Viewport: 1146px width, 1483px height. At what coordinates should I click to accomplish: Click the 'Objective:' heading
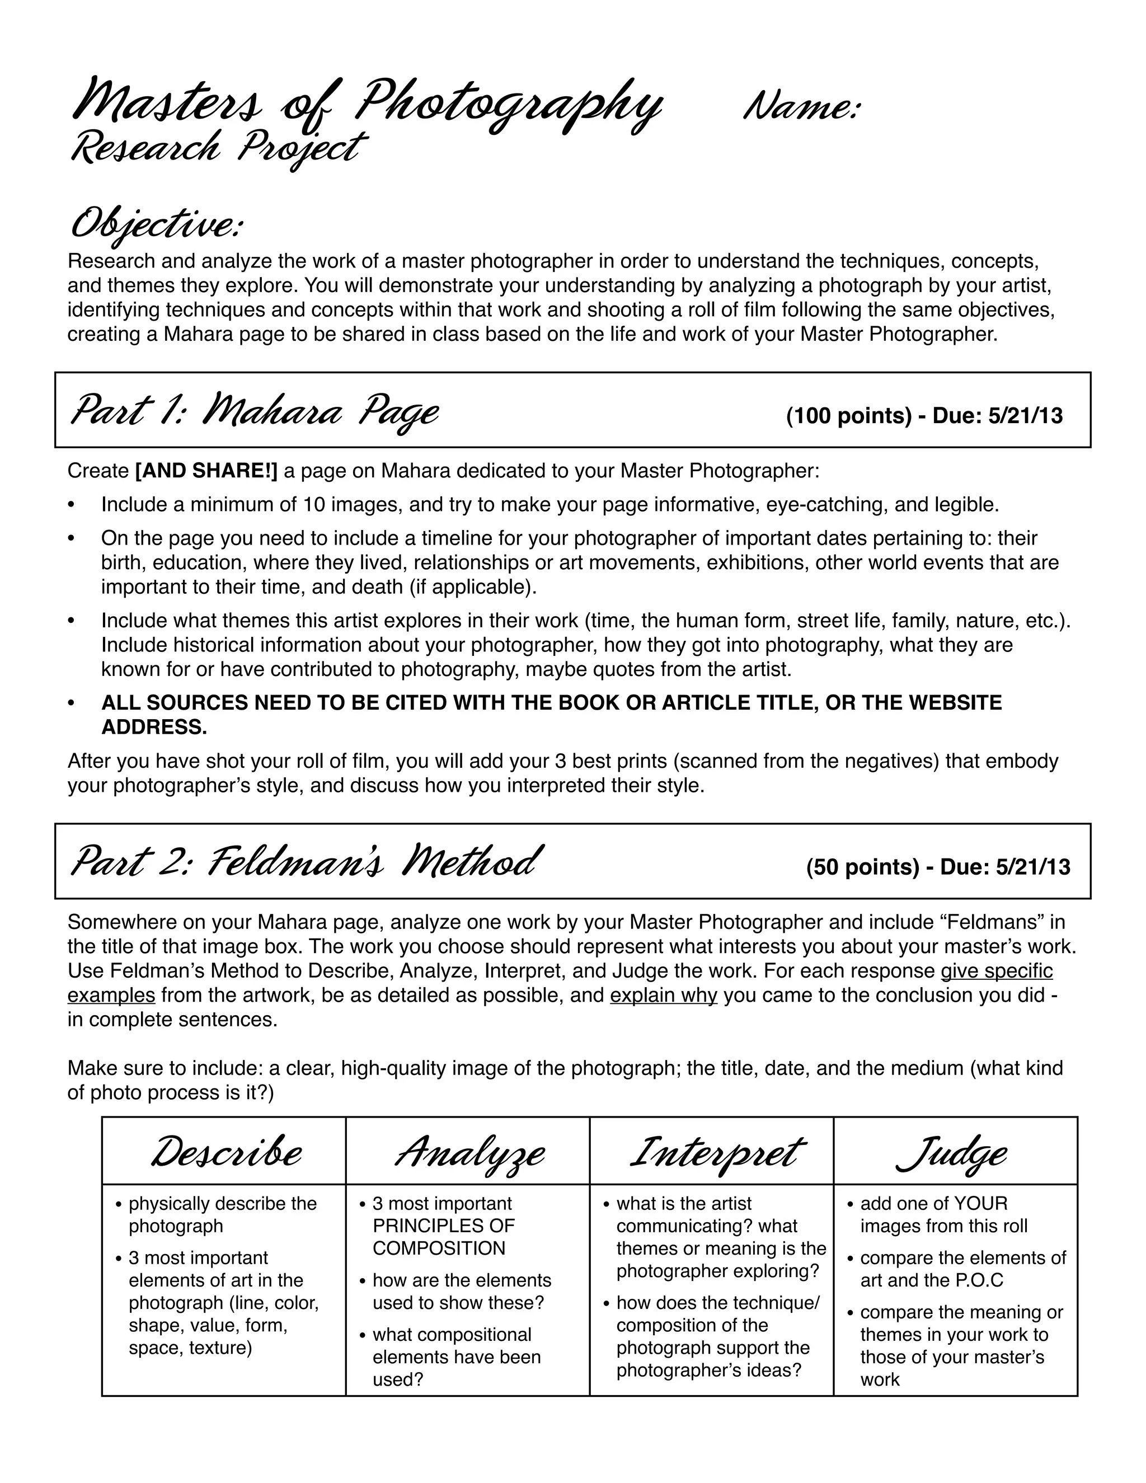(x=156, y=226)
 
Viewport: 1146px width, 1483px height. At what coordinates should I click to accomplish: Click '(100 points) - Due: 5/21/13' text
(x=924, y=416)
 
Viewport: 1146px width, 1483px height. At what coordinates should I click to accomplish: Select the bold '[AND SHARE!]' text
(x=206, y=471)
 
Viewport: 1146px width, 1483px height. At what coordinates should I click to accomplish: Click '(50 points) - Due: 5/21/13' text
(x=938, y=867)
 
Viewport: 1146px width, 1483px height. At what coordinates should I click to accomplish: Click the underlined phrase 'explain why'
(x=663, y=996)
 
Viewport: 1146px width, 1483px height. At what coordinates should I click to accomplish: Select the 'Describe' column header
(x=226, y=1154)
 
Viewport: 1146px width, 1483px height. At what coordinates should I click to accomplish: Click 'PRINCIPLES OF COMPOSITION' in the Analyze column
(x=443, y=1237)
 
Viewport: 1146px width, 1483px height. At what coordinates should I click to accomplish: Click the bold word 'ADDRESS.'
(x=154, y=728)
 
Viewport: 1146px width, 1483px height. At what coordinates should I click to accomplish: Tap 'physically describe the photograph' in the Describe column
(x=222, y=1215)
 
